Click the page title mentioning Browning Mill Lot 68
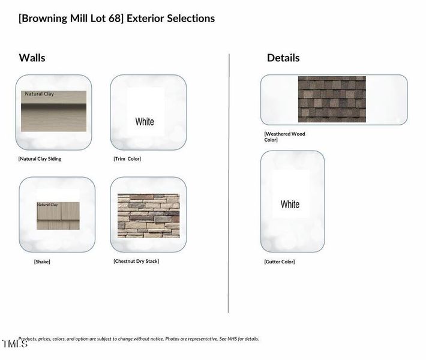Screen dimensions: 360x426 [116, 18]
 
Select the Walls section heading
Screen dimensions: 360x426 [32, 58]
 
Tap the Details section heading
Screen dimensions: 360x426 [283, 58]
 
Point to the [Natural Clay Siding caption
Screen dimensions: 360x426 [40, 159]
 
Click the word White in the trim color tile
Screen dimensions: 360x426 [145, 122]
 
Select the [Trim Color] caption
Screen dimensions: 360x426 [127, 159]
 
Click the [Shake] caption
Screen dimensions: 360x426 [42, 262]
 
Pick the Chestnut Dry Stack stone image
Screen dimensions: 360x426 [148, 215]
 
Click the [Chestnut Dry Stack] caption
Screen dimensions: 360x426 [136, 261]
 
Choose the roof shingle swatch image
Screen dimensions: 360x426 [332, 99]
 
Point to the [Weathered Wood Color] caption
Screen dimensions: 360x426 [284, 137]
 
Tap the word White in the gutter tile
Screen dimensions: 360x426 [290, 205]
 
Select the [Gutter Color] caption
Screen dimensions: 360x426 [280, 262]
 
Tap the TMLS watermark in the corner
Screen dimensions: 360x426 [14, 344]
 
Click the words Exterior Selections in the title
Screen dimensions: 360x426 [170, 18]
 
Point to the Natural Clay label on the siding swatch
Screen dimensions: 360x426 [39, 94]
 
